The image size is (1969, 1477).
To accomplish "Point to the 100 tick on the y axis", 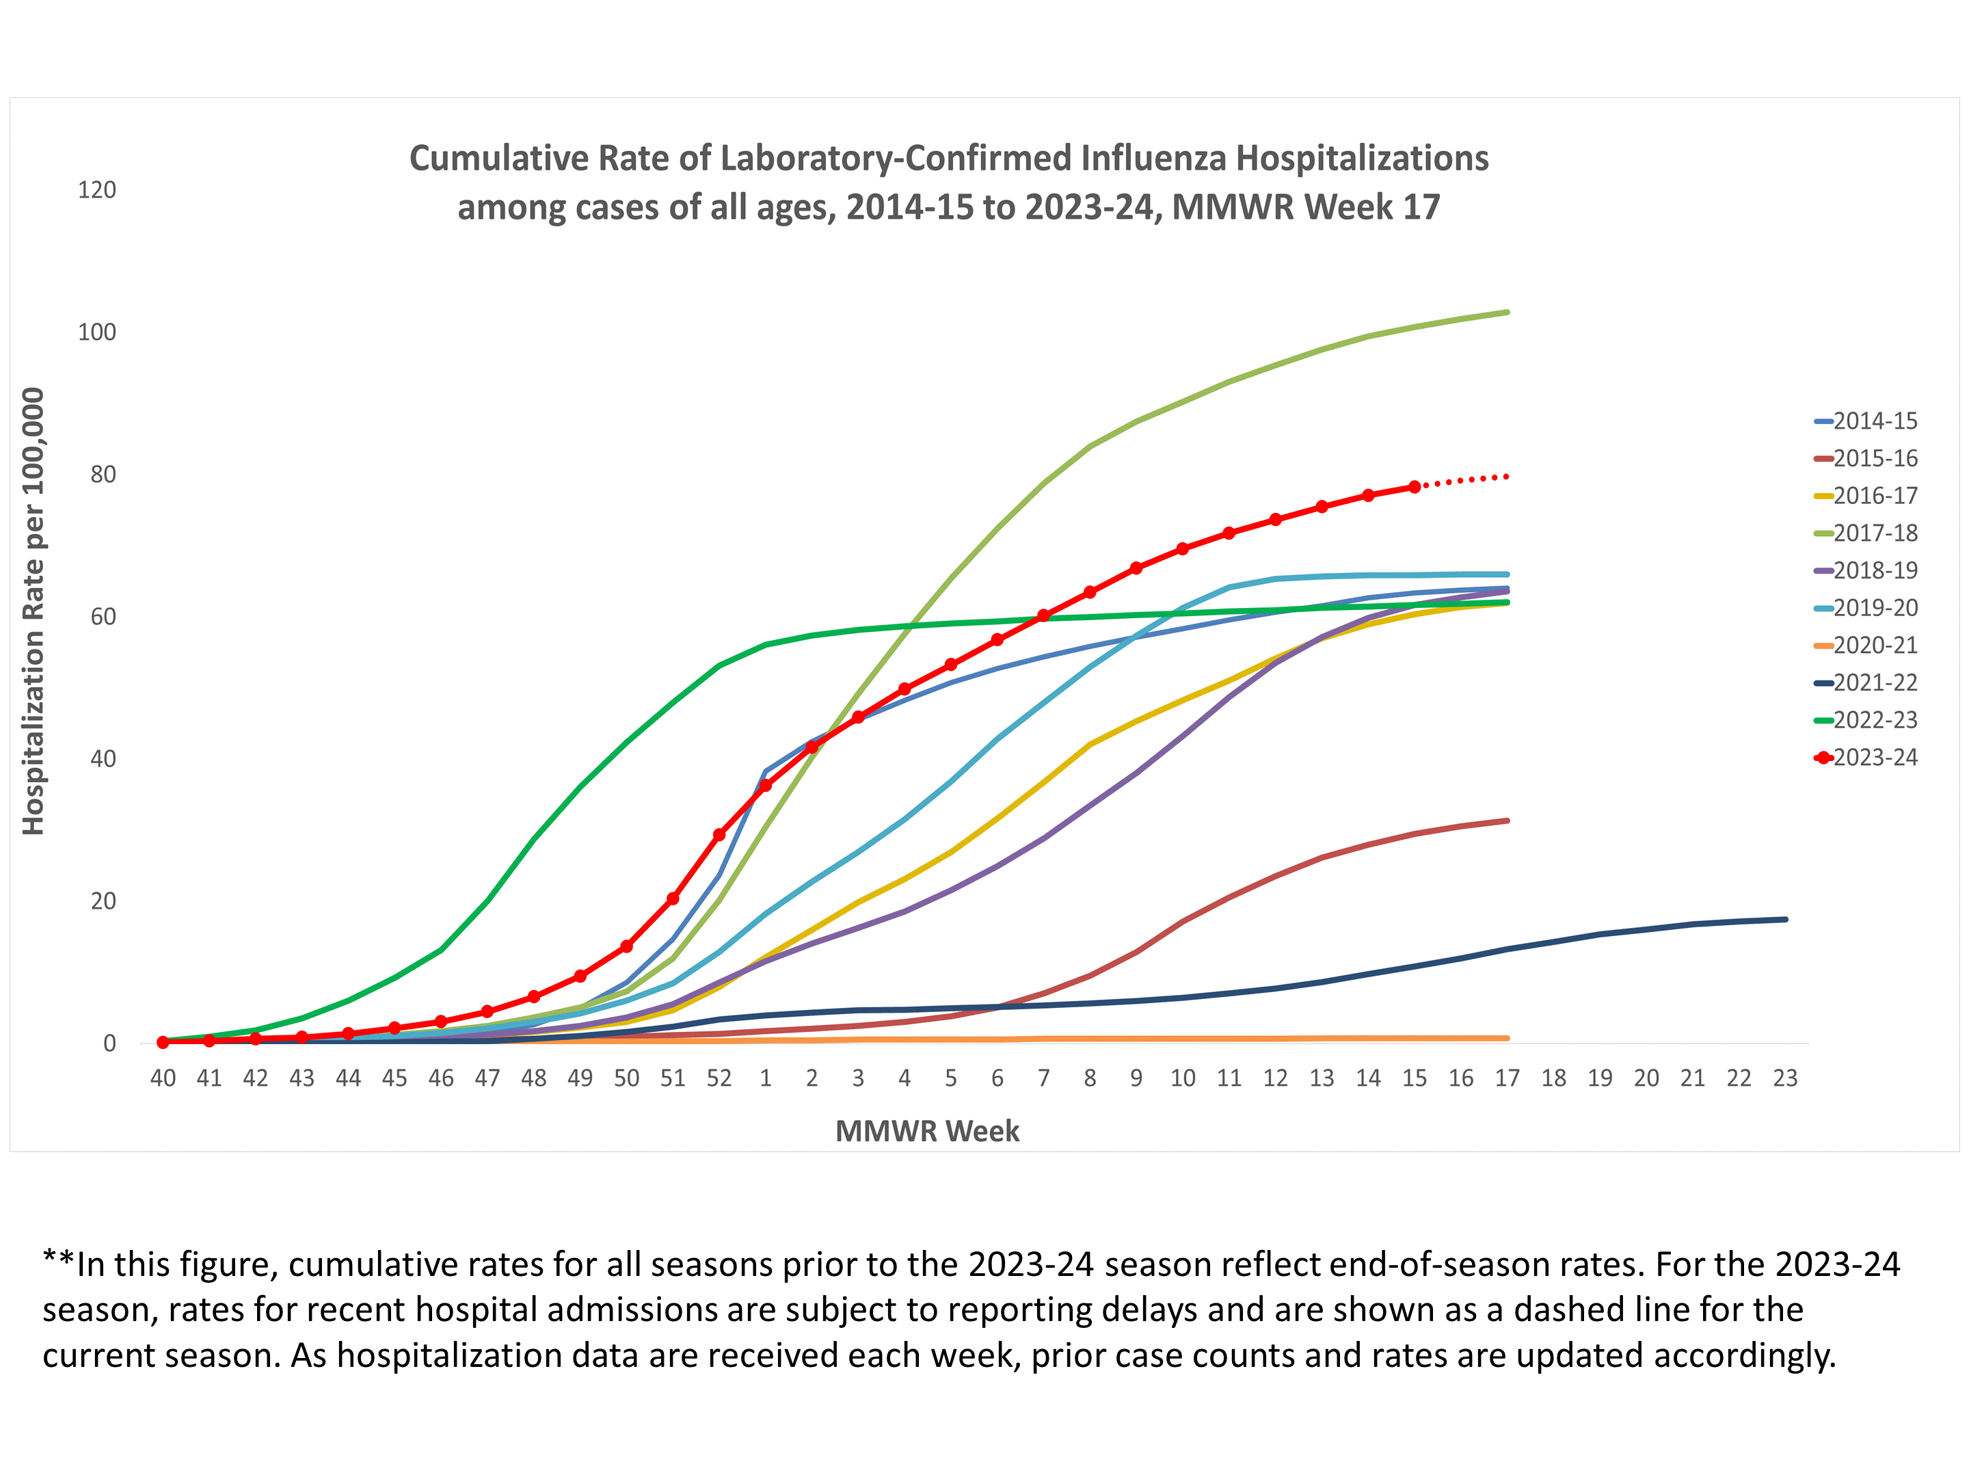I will (97, 332).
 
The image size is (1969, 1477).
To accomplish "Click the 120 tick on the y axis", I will (97, 189).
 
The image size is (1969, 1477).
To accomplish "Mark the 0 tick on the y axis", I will (109, 1043).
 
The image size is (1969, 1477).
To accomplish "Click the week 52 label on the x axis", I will (719, 1078).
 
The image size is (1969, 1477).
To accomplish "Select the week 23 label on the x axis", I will (1784, 1078).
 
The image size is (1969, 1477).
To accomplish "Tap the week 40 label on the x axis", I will (163, 1078).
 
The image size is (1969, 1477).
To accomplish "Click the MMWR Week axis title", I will (926, 1131).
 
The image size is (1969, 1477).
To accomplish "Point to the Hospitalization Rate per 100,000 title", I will (33, 611).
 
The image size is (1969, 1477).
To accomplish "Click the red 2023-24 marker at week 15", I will (1415, 487).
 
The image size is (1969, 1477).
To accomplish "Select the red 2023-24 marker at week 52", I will (719, 835).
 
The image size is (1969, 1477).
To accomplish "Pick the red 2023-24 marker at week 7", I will (1043, 616).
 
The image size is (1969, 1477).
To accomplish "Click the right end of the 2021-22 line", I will (1784, 920).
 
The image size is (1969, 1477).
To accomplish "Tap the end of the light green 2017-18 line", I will (1507, 312).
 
